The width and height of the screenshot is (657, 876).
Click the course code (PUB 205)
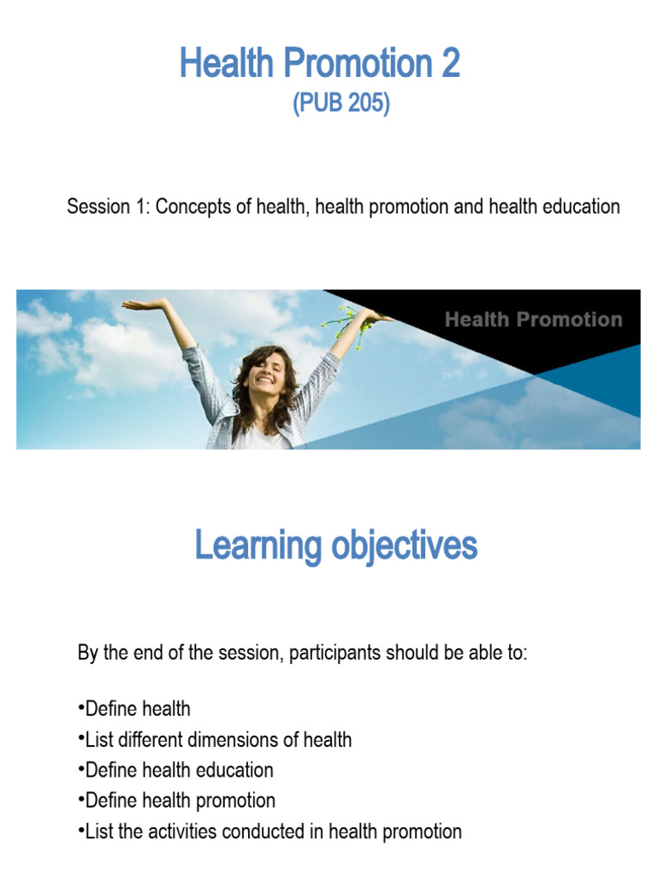coord(341,104)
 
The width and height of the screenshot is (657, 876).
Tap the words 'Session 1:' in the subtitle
coord(108,207)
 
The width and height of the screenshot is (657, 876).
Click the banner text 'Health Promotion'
coord(533,320)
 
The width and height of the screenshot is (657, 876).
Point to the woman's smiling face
coord(262,371)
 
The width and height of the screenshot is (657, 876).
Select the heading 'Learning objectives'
coord(335,545)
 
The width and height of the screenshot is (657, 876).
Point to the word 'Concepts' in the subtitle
coord(192,207)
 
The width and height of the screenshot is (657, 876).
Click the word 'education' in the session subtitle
coord(577,207)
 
